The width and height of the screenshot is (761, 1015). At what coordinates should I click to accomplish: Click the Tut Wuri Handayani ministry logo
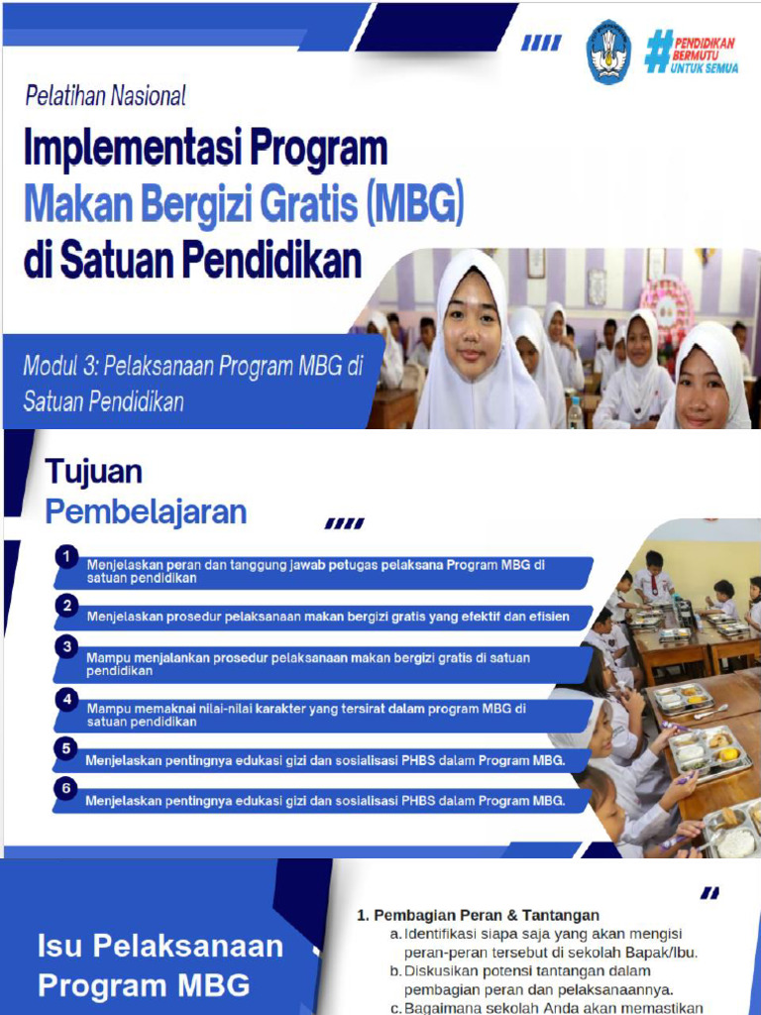coord(608,53)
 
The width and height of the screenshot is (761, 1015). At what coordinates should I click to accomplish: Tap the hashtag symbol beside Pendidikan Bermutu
coord(658,51)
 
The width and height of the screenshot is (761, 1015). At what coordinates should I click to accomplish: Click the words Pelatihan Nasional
coord(105,96)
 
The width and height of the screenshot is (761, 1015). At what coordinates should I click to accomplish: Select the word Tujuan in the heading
coord(94,472)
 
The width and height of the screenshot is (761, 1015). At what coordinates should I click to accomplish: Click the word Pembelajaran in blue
coord(146,511)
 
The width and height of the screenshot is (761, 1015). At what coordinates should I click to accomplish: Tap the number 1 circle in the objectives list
coord(66,557)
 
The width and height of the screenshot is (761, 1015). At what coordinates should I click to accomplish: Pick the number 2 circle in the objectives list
coord(66,605)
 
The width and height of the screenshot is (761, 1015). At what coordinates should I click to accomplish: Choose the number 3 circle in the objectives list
coord(66,646)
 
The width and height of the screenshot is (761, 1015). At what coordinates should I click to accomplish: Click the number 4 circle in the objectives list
coord(66,700)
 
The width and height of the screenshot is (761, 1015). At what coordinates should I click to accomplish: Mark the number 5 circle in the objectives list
coord(66,748)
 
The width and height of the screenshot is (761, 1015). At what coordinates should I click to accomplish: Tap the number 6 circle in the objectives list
coord(66,789)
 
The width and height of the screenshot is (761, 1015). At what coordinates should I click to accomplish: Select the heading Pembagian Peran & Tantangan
coord(485,915)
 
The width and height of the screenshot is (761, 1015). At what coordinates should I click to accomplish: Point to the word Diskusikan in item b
coord(441,970)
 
